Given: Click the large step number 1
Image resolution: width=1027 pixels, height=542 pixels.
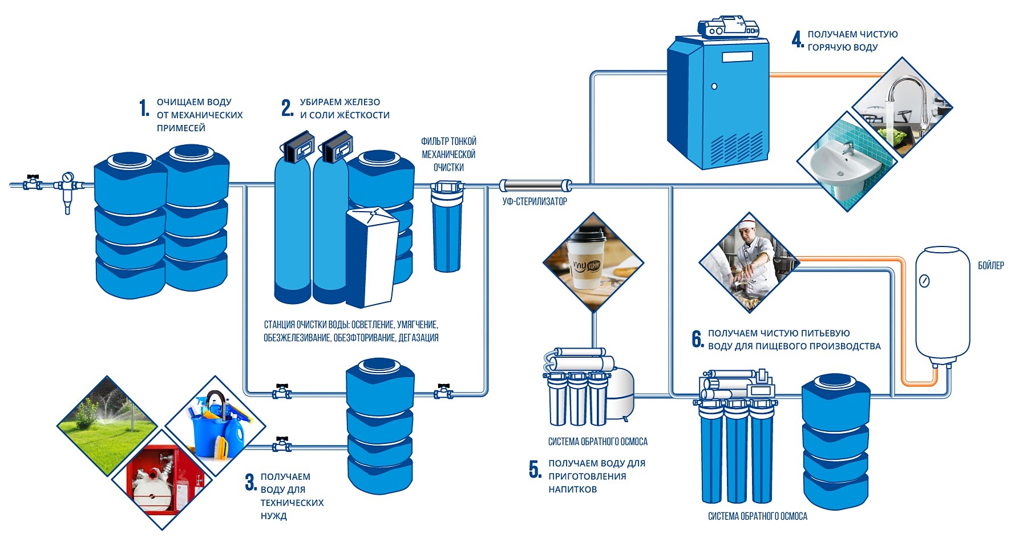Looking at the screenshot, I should coord(144,108).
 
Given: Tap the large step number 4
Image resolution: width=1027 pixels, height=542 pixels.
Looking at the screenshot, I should coord(797,39).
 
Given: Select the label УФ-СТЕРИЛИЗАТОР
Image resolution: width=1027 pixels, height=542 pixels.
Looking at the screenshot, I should coord(535,201).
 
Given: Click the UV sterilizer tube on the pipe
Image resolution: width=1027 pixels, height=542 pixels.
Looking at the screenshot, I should coord(535,185).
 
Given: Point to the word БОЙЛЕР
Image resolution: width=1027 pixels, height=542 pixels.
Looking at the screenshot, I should coord(990,266).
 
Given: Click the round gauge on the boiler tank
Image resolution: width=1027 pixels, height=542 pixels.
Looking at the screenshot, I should coord(924,281).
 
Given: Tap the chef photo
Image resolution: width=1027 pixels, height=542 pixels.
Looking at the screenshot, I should coord(749,262).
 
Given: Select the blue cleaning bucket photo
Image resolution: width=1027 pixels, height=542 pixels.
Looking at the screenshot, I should coord(216,425).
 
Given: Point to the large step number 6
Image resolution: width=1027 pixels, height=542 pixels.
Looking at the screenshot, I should coord(697,339).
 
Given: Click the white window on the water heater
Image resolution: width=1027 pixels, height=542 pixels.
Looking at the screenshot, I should coord(737,57).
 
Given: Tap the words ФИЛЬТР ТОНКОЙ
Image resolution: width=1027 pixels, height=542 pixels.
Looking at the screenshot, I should coord(448,141).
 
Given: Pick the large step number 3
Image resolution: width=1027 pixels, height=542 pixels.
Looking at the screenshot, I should coord(250,483).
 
